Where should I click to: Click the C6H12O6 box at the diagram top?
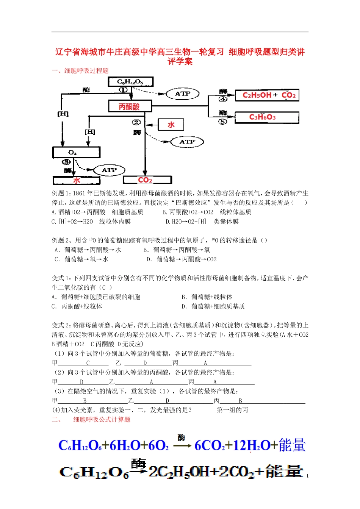click(x=130, y=81)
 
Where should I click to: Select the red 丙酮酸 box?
click(x=130, y=106)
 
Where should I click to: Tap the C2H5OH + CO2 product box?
click(x=267, y=95)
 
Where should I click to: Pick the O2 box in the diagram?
click(x=76, y=152)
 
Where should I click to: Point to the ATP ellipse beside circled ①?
click(x=183, y=94)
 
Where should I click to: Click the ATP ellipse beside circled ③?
click(x=109, y=170)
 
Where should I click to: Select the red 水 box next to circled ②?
click(x=171, y=125)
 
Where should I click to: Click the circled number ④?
click(x=223, y=99)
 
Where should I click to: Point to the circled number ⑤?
click(x=223, y=122)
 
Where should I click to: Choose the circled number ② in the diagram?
click(x=136, y=122)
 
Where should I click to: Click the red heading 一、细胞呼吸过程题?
click(x=80, y=71)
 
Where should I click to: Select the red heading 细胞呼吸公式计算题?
click(x=102, y=420)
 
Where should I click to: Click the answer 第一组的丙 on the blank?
click(x=232, y=410)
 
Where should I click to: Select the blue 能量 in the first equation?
click(x=292, y=445)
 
